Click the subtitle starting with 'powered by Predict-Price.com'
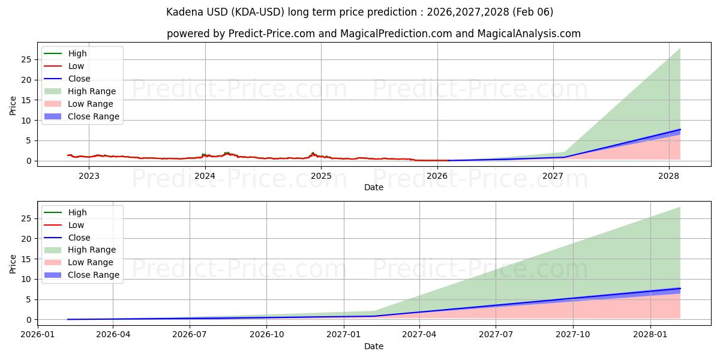coord(373,34)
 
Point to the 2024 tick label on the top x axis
coord(205,176)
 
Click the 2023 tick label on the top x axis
coord(89,176)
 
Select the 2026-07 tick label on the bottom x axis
coord(190,334)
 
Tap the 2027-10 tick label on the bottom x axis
coord(573,334)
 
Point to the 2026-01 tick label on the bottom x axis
coord(37,334)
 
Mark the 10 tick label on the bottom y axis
coord(26,279)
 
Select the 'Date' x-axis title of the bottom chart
coord(373,346)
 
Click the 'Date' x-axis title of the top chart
coord(373,187)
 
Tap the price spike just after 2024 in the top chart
coord(226,153)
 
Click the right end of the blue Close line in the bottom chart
coord(680,289)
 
